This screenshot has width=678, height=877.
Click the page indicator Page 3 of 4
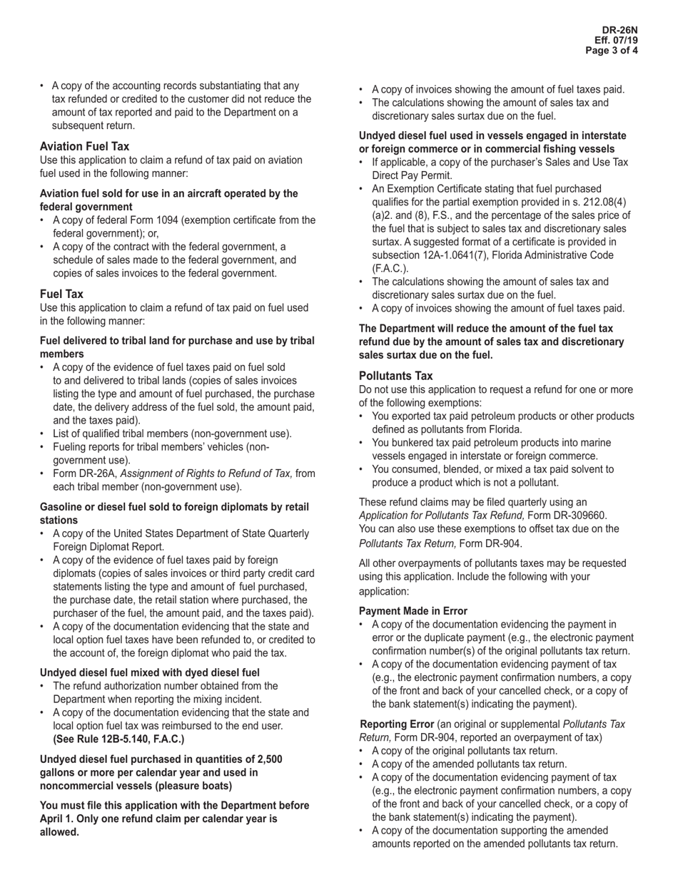[612, 51]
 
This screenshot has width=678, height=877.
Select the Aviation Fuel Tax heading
[84, 146]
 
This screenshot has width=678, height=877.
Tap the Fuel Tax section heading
[61, 294]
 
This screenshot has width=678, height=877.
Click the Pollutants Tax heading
[395, 376]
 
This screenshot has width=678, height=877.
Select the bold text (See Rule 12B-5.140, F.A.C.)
[118, 739]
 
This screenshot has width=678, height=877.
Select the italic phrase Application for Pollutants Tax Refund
[441, 516]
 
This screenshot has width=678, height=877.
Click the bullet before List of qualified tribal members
[44, 434]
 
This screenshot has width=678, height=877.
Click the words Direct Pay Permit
[412, 175]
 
